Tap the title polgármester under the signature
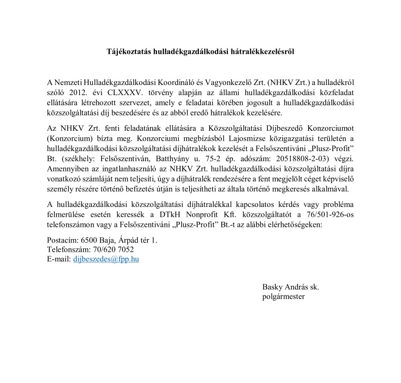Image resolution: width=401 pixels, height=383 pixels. click(284, 297)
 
